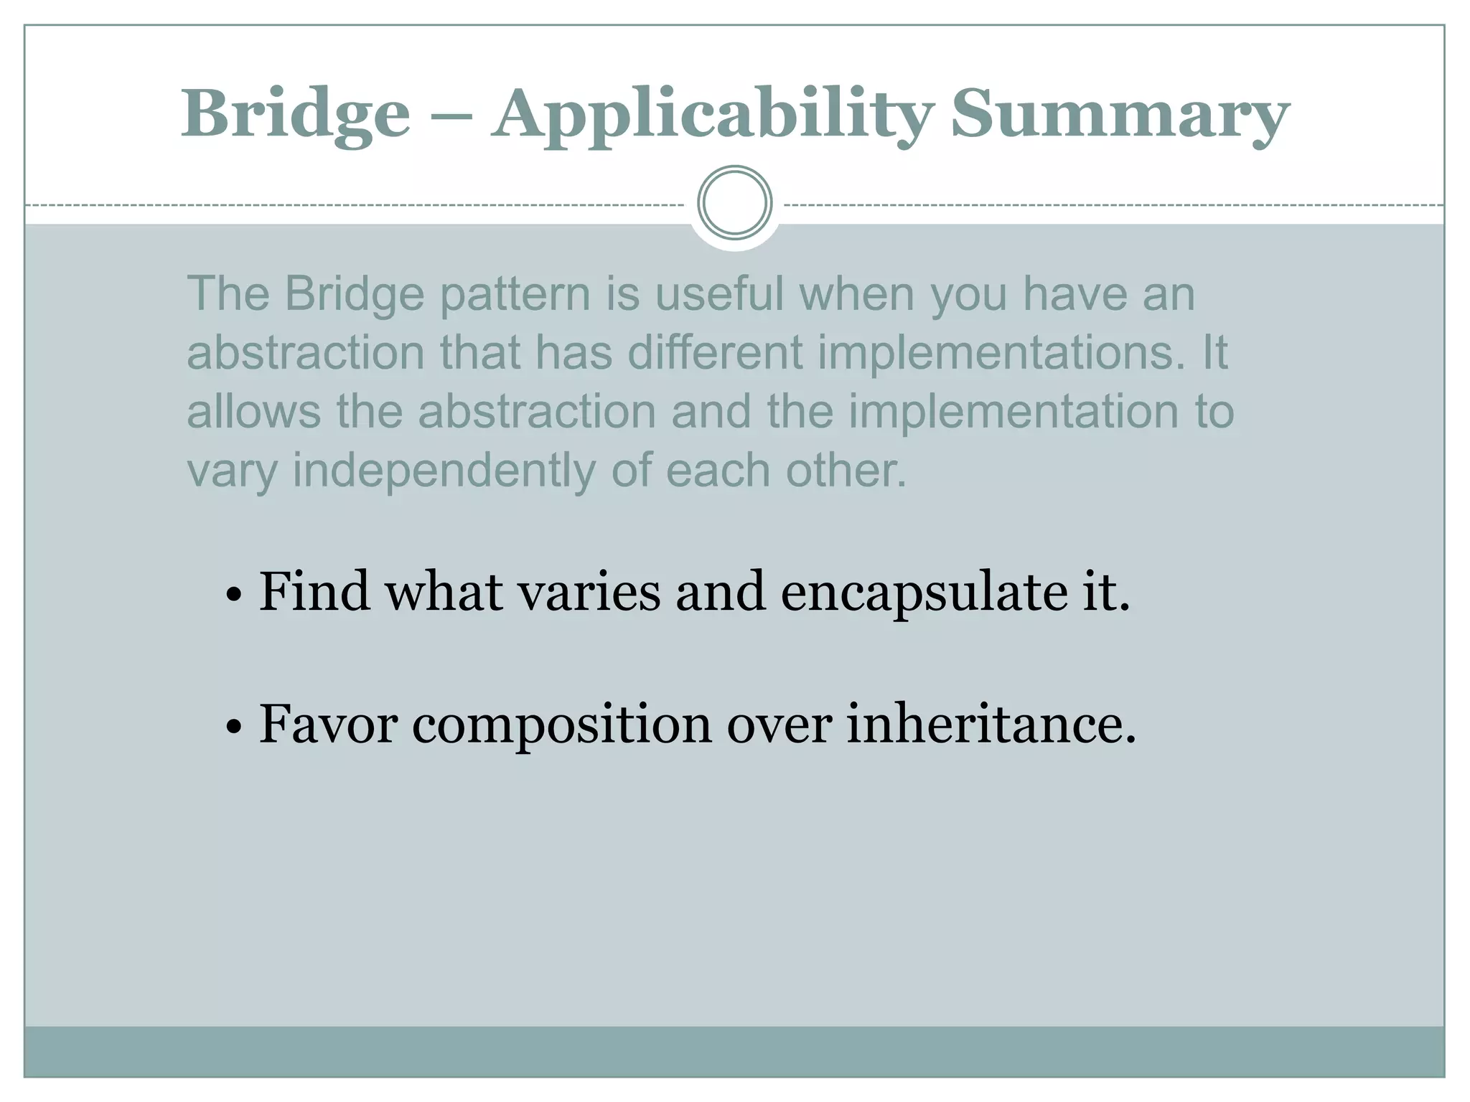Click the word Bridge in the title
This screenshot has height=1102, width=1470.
pos(295,115)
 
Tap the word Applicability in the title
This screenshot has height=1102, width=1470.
pos(713,115)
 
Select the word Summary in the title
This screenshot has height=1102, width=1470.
pos(1120,115)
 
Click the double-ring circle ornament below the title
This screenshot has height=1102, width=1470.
pos(734,203)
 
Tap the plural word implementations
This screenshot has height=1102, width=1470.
pos(1001,353)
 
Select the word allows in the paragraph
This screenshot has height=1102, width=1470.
pos(253,412)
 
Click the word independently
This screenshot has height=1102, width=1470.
pos(444,471)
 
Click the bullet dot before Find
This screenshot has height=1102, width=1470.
pos(233,595)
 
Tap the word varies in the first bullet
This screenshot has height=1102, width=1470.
pos(589,593)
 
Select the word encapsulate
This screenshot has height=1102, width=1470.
pos(924,593)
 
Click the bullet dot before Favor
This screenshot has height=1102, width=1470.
pos(233,727)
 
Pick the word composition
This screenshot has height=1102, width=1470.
pos(561,725)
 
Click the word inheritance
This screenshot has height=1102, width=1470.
pos(991,725)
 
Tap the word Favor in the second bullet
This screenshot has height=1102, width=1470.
pos(327,725)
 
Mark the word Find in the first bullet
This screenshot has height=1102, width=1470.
pos(314,593)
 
